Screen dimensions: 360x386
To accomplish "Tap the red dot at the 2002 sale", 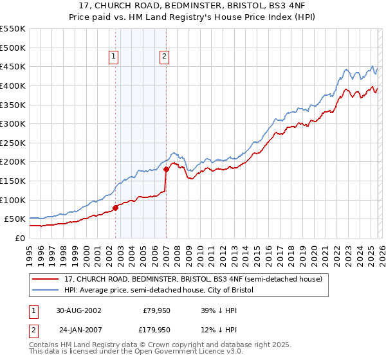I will click(x=116, y=208).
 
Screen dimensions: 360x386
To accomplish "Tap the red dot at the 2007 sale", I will click(x=166, y=170).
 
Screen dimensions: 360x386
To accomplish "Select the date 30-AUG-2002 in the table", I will click(x=77, y=310).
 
